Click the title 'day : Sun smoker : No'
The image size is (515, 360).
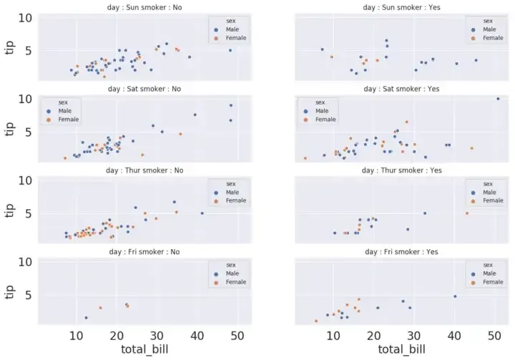click(x=144, y=7)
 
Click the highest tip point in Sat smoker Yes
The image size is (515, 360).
click(x=498, y=99)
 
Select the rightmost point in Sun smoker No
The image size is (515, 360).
click(x=230, y=50)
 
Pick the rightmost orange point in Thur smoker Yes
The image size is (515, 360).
click(x=467, y=213)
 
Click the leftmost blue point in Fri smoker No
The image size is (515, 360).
click(x=86, y=318)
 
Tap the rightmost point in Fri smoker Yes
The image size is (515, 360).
click(x=455, y=296)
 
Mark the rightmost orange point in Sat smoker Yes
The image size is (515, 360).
click(x=471, y=148)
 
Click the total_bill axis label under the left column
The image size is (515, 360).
click(x=144, y=351)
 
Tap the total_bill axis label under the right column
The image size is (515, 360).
click(x=401, y=351)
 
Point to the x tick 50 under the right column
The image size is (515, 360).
click(x=494, y=336)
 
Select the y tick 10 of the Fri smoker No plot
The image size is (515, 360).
click(x=25, y=263)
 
